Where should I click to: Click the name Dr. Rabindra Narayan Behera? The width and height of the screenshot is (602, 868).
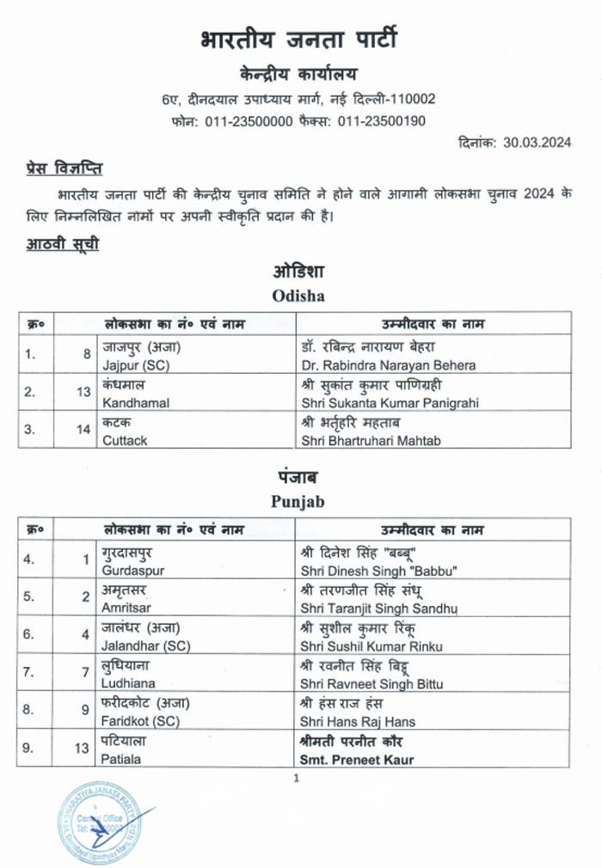[389, 364]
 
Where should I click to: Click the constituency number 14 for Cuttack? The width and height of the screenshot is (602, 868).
[83, 430]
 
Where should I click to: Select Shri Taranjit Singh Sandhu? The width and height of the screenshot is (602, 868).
[380, 608]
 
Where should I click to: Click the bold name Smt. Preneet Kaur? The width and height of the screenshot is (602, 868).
[357, 759]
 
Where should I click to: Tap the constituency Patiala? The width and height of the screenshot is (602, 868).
[122, 759]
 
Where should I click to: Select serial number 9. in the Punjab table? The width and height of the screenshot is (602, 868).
[28, 748]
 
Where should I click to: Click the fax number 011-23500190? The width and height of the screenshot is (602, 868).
[381, 122]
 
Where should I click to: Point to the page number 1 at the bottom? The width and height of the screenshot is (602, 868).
[295, 779]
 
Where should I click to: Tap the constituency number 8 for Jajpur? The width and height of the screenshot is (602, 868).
[87, 353]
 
